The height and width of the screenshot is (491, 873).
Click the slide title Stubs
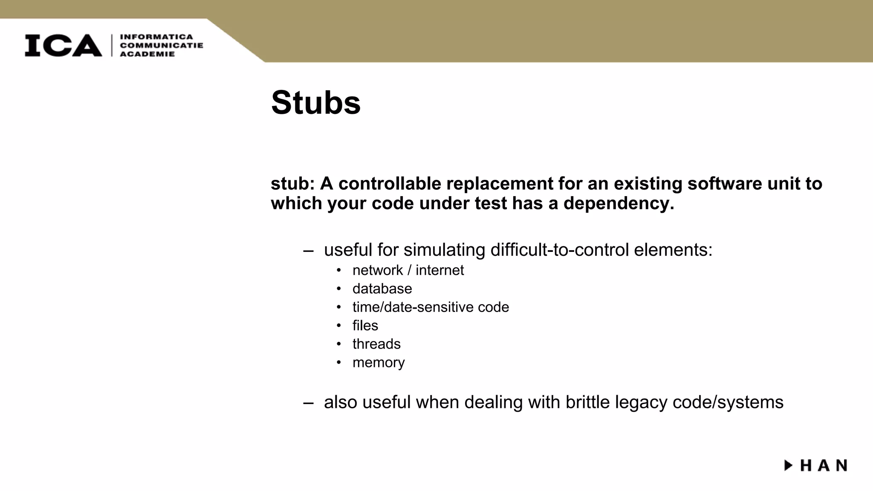click(315, 103)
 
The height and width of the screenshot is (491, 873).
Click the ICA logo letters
click(63, 46)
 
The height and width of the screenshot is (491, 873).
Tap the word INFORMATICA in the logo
click(156, 37)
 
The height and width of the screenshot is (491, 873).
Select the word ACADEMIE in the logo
click(147, 54)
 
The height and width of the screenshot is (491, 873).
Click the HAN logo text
click(824, 465)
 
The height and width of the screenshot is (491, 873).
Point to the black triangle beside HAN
click(788, 465)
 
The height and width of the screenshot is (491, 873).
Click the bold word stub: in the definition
click(292, 184)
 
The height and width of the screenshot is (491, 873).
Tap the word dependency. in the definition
click(619, 203)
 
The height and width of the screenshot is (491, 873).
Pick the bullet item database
click(382, 289)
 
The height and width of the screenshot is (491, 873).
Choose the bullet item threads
click(376, 344)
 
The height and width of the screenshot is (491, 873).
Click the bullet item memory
click(379, 362)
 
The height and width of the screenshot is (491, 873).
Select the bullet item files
click(365, 326)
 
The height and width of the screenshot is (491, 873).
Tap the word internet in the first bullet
click(439, 270)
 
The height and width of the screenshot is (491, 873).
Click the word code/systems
click(728, 402)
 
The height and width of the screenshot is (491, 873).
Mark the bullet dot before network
click(339, 270)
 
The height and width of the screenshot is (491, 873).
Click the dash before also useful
click(308, 403)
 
